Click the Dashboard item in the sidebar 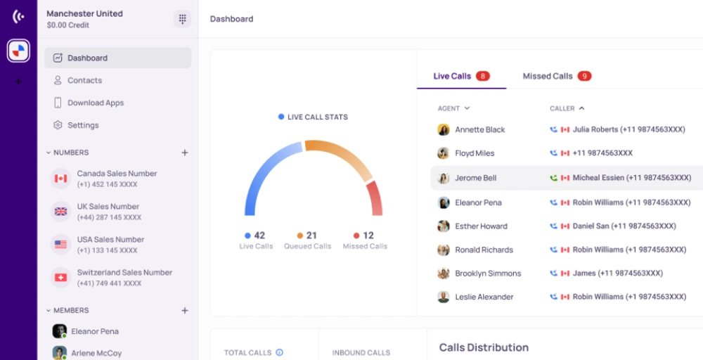117,58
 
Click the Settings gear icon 58,125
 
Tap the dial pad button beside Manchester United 183,19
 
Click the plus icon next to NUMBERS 184,153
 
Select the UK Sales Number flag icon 60,212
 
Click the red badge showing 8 483,76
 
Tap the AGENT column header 453,108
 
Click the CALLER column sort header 567,108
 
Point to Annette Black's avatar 444,129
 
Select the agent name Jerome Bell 476,178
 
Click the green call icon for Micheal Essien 554,178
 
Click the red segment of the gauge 375,198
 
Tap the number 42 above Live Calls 259,236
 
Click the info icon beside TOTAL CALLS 279,352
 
